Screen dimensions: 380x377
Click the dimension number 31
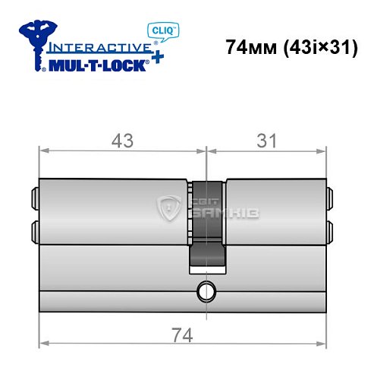(x=265, y=141)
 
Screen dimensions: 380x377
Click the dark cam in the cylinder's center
(x=206, y=224)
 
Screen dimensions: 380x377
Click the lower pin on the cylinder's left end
(x=35, y=230)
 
